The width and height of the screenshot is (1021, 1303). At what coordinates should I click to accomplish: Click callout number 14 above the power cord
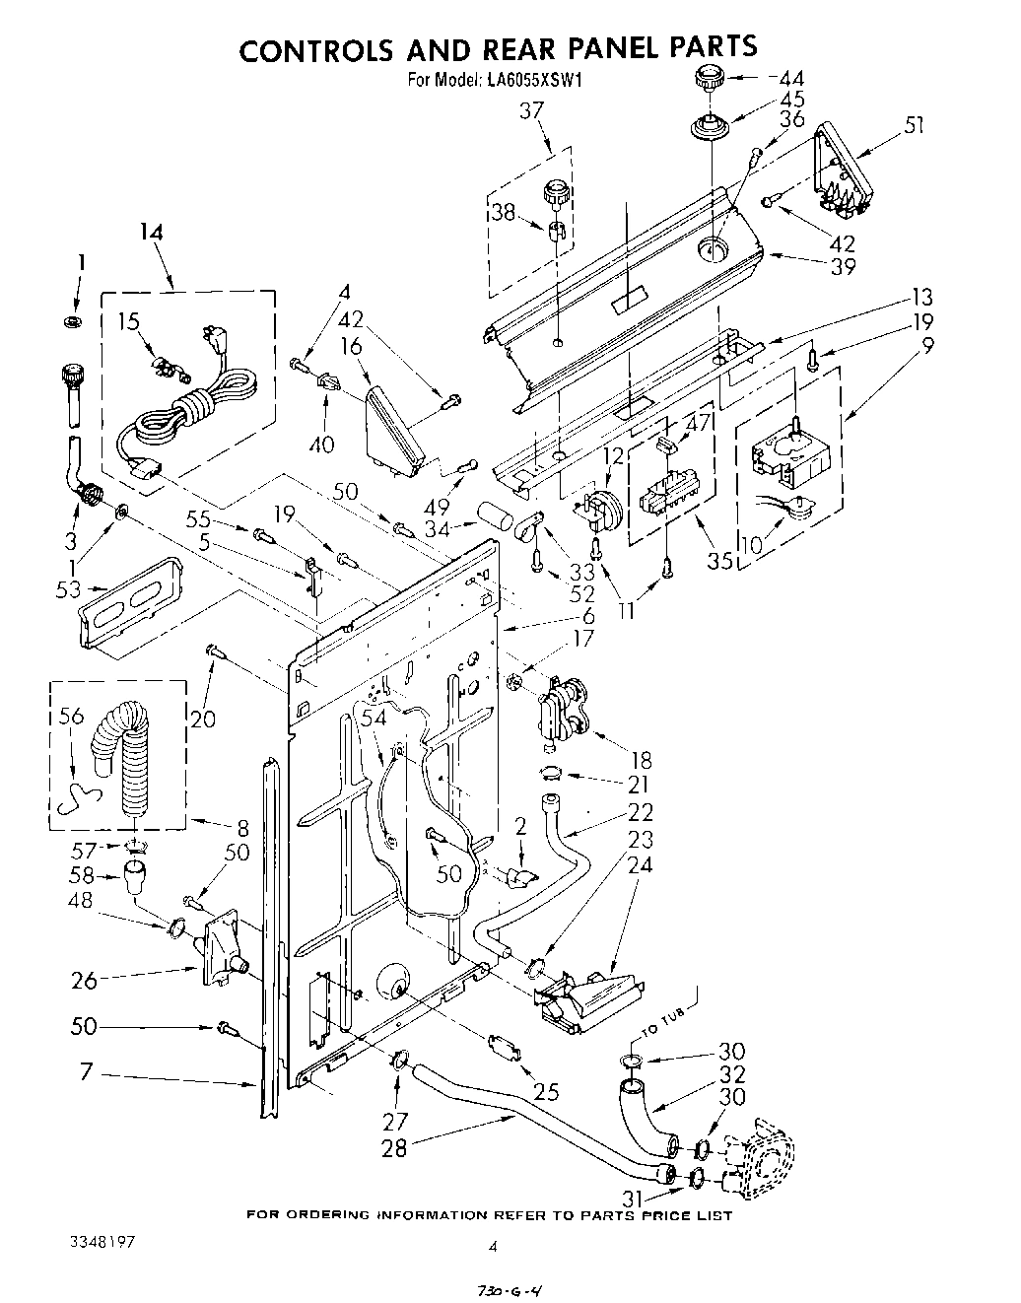point(150,233)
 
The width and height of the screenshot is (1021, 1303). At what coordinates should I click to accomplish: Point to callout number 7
point(86,1071)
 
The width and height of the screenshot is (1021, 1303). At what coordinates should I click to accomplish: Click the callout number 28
point(394,1148)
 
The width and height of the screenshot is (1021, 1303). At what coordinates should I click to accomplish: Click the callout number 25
point(546,1092)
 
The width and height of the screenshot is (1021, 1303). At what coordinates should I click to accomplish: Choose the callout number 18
point(642,760)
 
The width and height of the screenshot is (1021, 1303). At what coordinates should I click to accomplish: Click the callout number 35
point(719,562)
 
